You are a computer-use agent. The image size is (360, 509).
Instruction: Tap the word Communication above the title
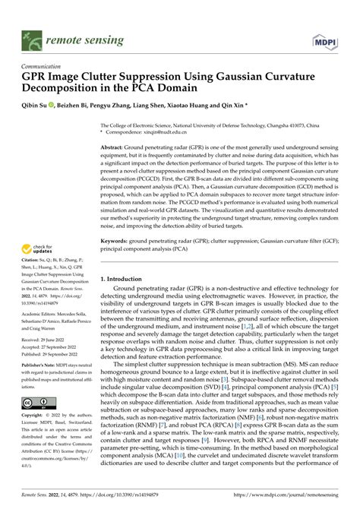pos(43,66)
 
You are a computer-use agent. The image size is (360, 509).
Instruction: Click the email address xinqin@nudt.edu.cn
pos(156,132)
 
